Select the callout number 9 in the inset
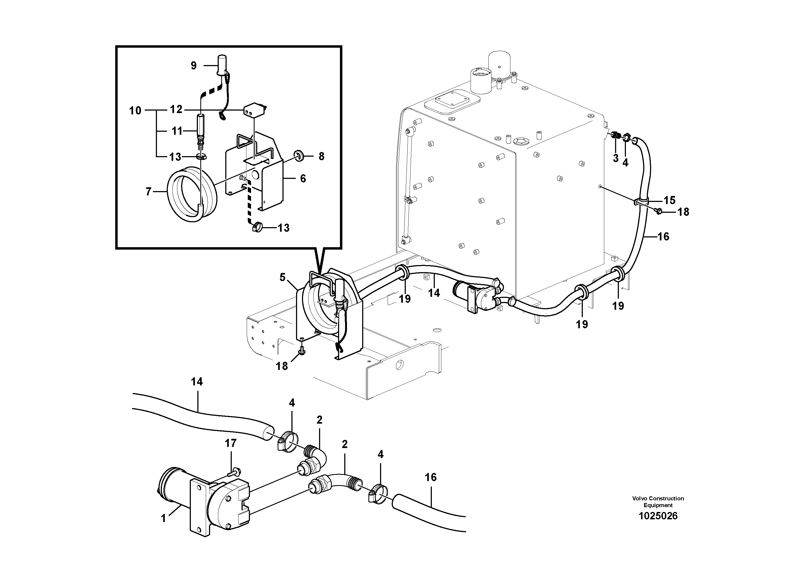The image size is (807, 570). [194, 65]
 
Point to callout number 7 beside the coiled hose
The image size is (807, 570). [148, 192]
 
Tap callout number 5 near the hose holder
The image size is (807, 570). [282, 277]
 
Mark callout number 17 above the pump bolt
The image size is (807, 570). [231, 443]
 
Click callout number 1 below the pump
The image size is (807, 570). [163, 518]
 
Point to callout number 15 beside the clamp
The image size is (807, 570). [669, 200]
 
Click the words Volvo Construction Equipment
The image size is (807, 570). [658, 501]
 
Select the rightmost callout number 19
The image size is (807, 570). [618, 306]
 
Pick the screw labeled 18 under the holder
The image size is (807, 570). [301, 350]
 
